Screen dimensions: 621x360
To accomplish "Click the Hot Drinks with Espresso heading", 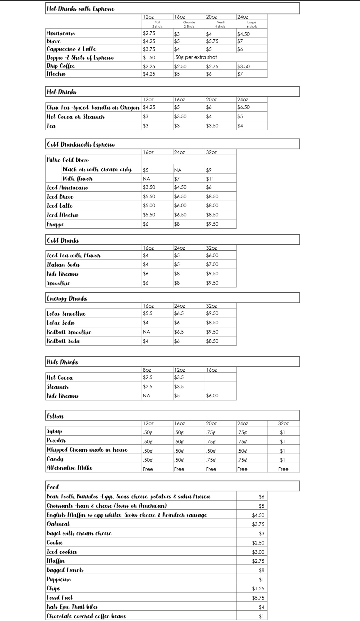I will (81, 9).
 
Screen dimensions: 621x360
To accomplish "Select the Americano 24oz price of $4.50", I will (243, 34).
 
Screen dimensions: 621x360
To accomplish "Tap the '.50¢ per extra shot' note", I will (195, 57).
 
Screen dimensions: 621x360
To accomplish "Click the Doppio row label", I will (80, 58).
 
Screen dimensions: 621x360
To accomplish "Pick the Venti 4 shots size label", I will (221, 24).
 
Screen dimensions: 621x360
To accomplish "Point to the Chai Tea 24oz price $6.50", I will (243, 107).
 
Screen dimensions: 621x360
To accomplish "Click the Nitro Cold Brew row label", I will (68, 160).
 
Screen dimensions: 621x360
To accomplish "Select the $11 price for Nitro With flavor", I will (210, 179).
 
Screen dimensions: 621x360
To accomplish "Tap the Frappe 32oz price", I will (212, 224).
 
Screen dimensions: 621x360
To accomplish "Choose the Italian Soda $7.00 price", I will (212, 264).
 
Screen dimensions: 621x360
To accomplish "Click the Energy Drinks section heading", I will (67, 298).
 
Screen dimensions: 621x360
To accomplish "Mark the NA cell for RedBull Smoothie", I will (146, 332).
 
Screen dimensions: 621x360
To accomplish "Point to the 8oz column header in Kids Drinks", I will (147, 370).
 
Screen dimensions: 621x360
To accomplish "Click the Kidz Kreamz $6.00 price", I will (212, 396).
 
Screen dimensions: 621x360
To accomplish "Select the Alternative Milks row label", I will (69, 468).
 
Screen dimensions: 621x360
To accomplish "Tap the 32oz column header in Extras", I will (283, 423).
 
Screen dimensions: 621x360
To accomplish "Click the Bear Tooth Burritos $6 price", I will (261, 497).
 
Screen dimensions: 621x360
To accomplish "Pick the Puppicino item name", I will (59, 579).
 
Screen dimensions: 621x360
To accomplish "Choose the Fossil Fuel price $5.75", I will (258, 598).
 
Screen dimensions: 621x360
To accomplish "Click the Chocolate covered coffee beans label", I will (86, 616).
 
